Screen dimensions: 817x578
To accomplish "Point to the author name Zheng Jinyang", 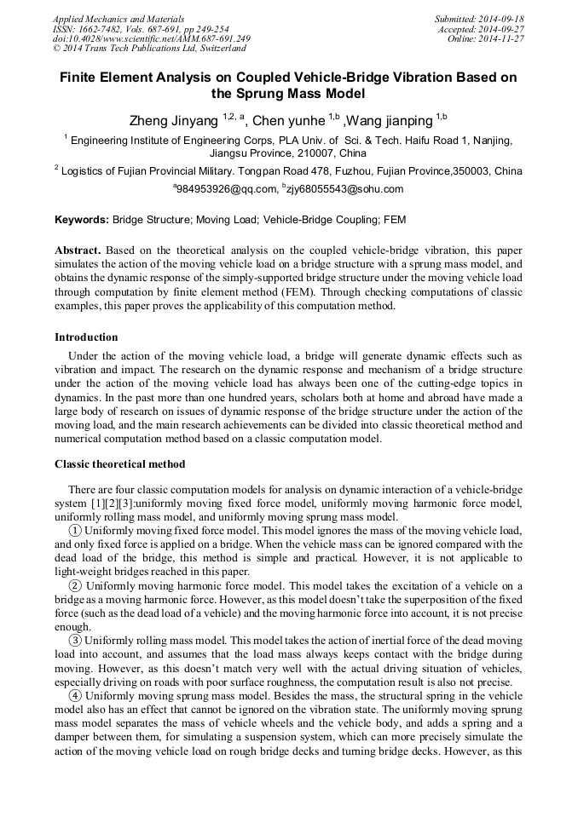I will pos(173,121).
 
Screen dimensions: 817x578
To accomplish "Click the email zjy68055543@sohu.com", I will pos(347,189).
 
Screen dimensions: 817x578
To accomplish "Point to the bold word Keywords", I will pos(82,220).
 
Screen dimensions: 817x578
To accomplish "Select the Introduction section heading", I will pos(86,337).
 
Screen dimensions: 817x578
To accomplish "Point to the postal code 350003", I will pos(471,171).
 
